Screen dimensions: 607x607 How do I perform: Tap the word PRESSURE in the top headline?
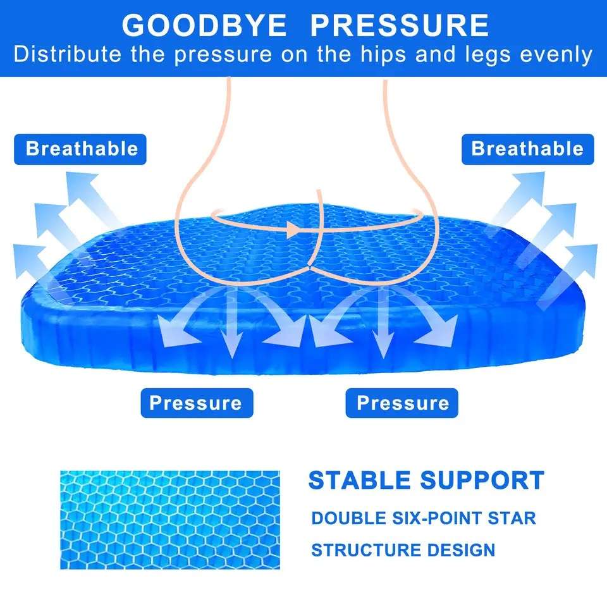coord(400,25)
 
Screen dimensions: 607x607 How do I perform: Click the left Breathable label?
coord(82,149)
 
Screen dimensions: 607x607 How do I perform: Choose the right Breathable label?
coord(527,149)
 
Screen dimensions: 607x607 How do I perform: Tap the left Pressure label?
coord(195,403)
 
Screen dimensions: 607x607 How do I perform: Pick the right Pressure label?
coord(403,403)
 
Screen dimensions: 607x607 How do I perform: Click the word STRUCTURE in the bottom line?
coord(365,549)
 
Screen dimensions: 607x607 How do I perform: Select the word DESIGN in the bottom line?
coord(461,549)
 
